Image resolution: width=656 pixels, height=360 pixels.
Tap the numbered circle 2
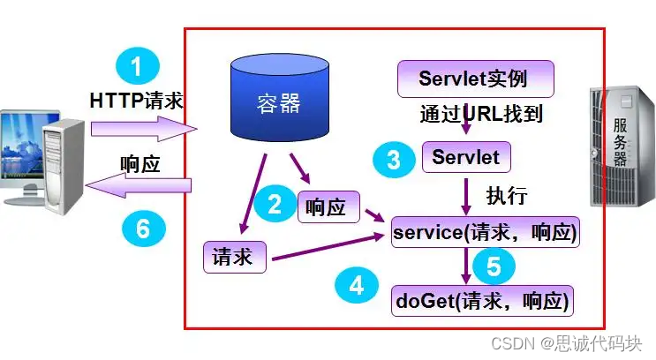275,205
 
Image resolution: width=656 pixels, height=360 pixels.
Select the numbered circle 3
394,160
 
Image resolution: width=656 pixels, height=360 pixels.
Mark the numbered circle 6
143,229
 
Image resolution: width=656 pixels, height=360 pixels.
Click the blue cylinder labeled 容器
278,99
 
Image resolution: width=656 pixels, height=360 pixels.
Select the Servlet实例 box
475,79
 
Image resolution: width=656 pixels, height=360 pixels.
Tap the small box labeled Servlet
465,157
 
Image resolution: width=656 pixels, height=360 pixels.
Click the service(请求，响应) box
485,233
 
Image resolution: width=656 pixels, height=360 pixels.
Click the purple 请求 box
233,257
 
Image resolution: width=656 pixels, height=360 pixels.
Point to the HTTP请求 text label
136,101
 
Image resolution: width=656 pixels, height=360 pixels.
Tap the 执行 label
506,195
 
